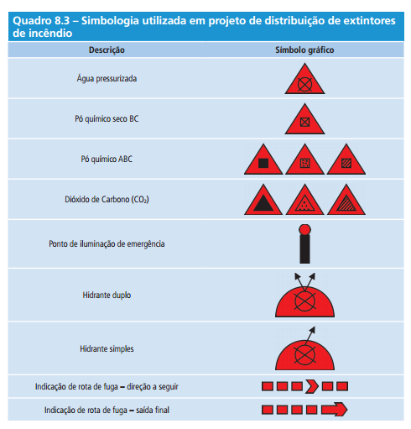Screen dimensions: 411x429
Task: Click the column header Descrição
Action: point(107,50)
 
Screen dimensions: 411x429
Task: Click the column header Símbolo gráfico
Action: point(304,50)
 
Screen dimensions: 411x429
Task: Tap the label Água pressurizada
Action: point(107,78)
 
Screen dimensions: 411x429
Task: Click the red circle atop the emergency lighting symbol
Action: point(304,229)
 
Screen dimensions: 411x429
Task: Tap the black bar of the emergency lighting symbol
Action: point(304,249)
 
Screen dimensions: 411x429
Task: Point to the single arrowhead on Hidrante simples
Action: point(313,330)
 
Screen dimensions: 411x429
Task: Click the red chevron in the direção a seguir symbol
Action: point(312,386)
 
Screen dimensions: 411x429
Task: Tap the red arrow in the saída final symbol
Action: point(334,410)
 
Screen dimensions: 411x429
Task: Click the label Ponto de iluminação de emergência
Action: point(107,243)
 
